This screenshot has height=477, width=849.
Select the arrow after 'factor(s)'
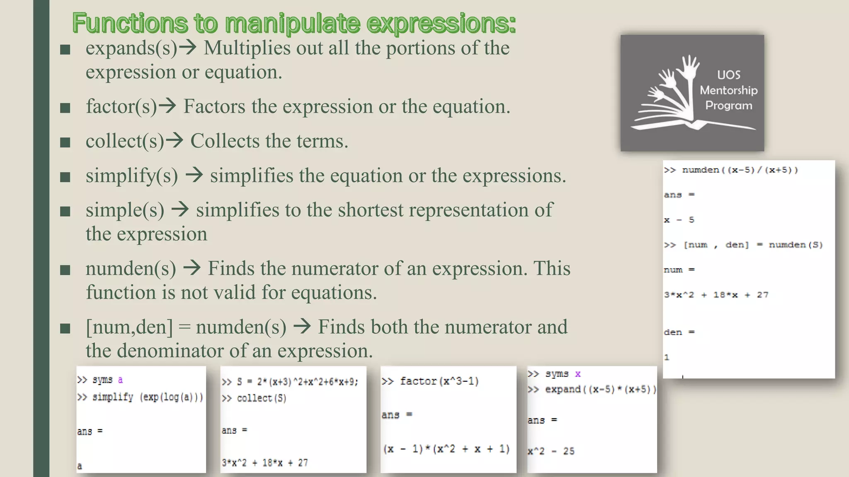168,106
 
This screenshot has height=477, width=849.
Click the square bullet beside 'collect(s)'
65,143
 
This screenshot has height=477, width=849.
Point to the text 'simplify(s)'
132,176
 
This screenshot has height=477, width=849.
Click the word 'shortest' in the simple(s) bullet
370,210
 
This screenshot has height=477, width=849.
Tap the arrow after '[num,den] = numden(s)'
302,327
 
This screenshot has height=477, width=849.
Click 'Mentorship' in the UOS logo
728,90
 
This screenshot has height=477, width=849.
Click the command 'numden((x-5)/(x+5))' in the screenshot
740,170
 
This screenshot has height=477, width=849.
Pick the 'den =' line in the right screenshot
679,332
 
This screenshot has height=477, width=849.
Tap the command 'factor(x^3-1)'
439,381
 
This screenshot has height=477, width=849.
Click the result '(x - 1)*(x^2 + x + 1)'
446,449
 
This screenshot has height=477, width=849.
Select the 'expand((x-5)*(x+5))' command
600,389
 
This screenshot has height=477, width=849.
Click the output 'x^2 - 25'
551,451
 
